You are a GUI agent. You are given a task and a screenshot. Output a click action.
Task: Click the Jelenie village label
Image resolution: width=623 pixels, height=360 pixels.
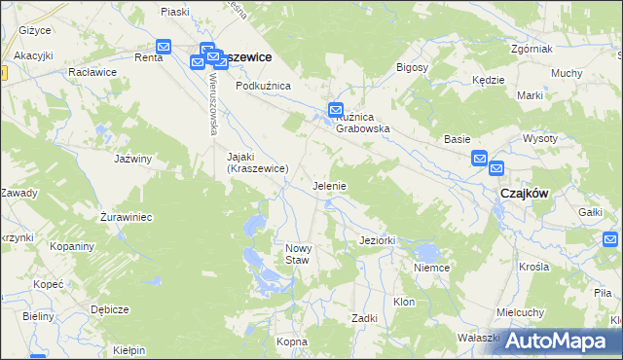pyautogui.click(x=330, y=185)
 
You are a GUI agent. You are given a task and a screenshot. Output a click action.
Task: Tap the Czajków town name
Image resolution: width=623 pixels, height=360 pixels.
pyautogui.click(x=525, y=193)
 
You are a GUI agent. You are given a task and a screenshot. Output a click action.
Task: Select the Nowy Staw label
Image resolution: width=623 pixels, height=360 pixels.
pyautogui.click(x=297, y=254)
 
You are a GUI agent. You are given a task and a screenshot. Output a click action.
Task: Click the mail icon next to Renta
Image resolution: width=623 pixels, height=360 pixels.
pyautogui.click(x=164, y=46)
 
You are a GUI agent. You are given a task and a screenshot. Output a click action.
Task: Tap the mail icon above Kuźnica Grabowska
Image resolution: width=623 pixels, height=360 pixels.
pyautogui.click(x=336, y=110)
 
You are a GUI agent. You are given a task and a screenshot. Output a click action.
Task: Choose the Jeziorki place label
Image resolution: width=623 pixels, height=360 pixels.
pyautogui.click(x=376, y=239)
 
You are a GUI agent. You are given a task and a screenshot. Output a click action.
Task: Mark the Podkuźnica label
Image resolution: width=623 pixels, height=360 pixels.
pyautogui.click(x=264, y=86)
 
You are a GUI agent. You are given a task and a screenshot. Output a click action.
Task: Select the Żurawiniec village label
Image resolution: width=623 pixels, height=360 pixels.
pyautogui.click(x=127, y=217)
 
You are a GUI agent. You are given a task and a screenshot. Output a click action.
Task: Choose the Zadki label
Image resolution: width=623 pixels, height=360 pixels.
pyautogui.click(x=364, y=318)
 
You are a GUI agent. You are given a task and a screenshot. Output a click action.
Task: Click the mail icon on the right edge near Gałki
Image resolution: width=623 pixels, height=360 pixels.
pyautogui.click(x=611, y=238)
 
